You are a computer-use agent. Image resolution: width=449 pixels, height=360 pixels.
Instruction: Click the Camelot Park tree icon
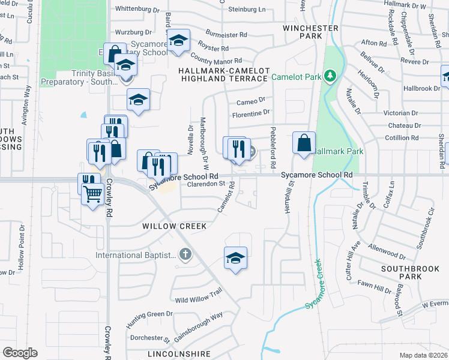click(x=329, y=76)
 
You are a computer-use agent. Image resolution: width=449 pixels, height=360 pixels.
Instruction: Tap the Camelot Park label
click(x=297, y=77)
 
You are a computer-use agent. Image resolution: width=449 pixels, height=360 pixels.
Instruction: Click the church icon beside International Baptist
click(x=185, y=255)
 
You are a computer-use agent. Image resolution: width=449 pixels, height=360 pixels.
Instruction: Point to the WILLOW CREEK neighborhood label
click(x=174, y=226)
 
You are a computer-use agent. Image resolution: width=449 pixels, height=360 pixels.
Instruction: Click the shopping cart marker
click(x=92, y=194)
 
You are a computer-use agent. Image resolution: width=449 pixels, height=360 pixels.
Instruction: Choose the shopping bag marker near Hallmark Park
click(x=304, y=143)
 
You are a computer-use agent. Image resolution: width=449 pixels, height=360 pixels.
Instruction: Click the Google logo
click(x=20, y=353)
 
